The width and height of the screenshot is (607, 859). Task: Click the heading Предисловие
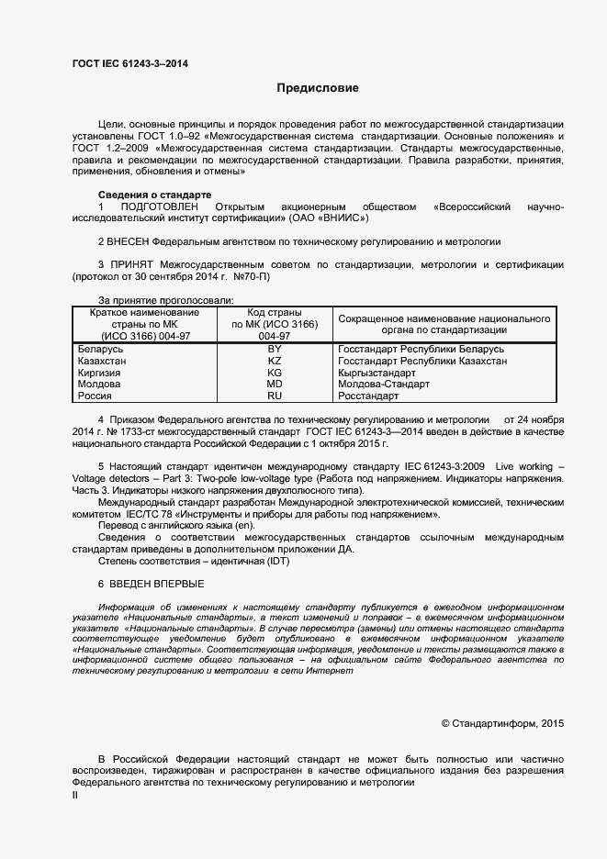coord(318,89)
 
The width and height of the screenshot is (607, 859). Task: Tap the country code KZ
coord(274,362)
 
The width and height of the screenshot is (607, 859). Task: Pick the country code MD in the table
coord(274,385)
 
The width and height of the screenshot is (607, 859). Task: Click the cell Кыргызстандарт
coord(377,374)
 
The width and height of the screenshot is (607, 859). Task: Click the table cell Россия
coord(95,396)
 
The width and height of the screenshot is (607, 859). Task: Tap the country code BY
coord(274,351)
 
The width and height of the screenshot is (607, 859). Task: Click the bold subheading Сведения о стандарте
coord(154,195)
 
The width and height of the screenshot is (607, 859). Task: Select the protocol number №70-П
coord(251,276)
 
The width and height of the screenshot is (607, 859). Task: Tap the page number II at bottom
coord(75,796)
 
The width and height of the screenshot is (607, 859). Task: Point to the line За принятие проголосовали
coord(166,300)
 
